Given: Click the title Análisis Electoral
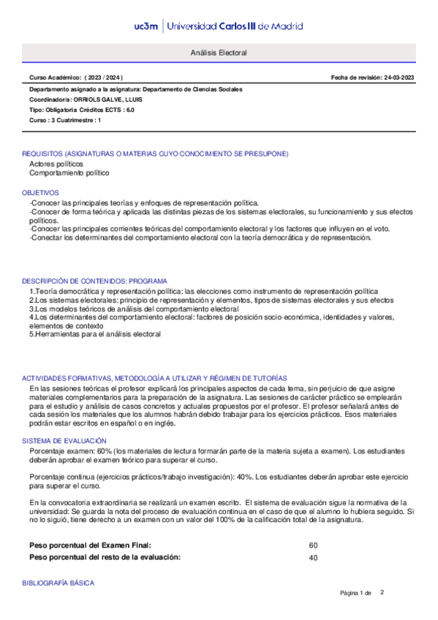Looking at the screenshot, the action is (x=219, y=54).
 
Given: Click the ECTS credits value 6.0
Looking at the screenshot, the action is (x=129, y=109).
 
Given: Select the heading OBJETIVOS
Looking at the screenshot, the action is (x=40, y=192).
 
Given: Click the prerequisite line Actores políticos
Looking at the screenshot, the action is (x=56, y=165).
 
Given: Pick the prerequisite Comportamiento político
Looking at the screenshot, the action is (x=69, y=173).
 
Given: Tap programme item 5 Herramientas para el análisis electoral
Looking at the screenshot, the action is (x=94, y=334).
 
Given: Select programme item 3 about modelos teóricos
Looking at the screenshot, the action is (x=134, y=309).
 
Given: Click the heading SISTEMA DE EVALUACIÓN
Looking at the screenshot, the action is (x=64, y=441).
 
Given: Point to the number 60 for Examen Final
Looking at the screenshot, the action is (x=313, y=545).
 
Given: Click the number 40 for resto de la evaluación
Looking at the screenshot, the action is (x=313, y=557).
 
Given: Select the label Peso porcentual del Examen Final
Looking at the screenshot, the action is (x=90, y=545).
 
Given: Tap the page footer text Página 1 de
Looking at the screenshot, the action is (x=356, y=592).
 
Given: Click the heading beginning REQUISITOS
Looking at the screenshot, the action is (x=155, y=154).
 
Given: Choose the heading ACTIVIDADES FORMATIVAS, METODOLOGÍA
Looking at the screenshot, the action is (x=154, y=377).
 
